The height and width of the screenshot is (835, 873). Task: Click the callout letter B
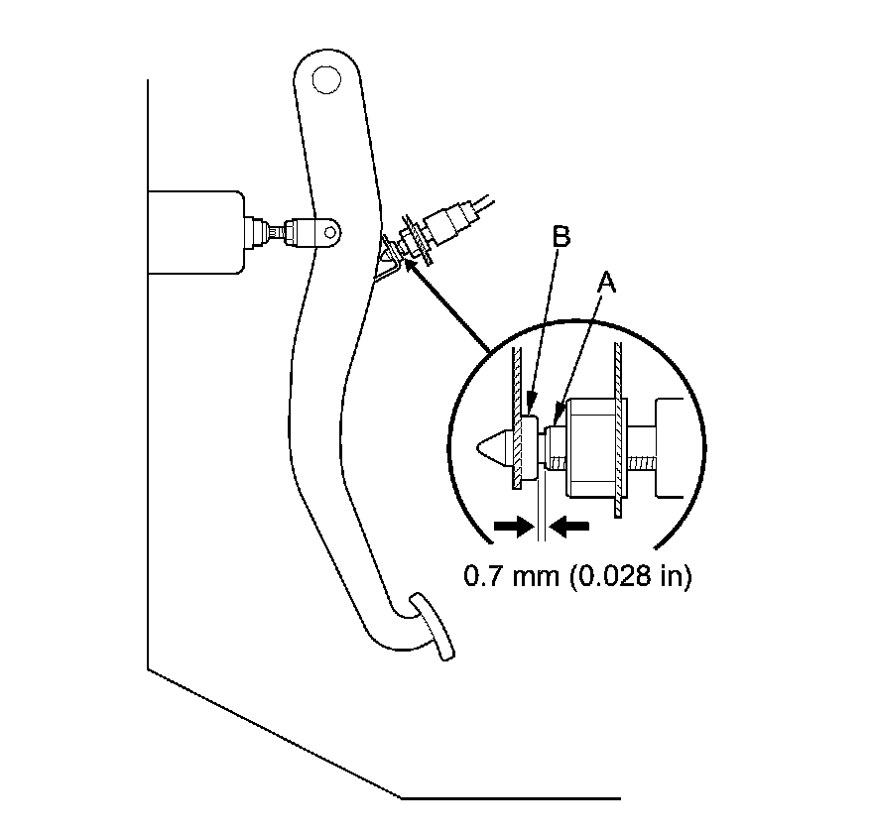561,238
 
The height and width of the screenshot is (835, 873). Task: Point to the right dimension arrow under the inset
568,528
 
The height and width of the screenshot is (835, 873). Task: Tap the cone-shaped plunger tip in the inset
493,446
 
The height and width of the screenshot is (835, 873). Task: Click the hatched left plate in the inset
517,417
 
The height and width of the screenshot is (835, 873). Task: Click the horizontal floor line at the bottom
511,796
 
